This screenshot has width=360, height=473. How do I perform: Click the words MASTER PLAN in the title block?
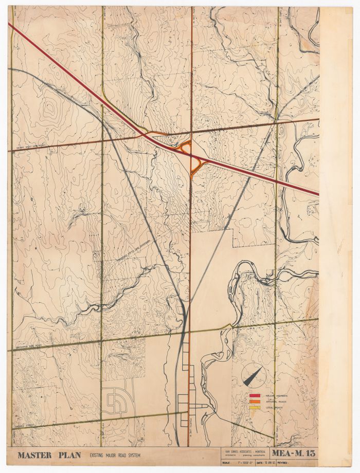coord(49,455)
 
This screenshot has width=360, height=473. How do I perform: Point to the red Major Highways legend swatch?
coord(255,395)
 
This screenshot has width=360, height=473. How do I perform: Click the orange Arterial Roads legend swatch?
coord(255,402)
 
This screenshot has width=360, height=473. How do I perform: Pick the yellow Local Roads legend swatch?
coord(255,408)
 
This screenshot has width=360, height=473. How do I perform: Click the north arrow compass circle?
coord(253,375)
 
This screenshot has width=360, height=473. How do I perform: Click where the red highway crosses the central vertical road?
coord(191,153)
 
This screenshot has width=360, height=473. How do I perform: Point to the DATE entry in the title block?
coord(265,462)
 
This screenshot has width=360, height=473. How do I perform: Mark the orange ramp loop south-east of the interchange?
coord(197,163)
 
